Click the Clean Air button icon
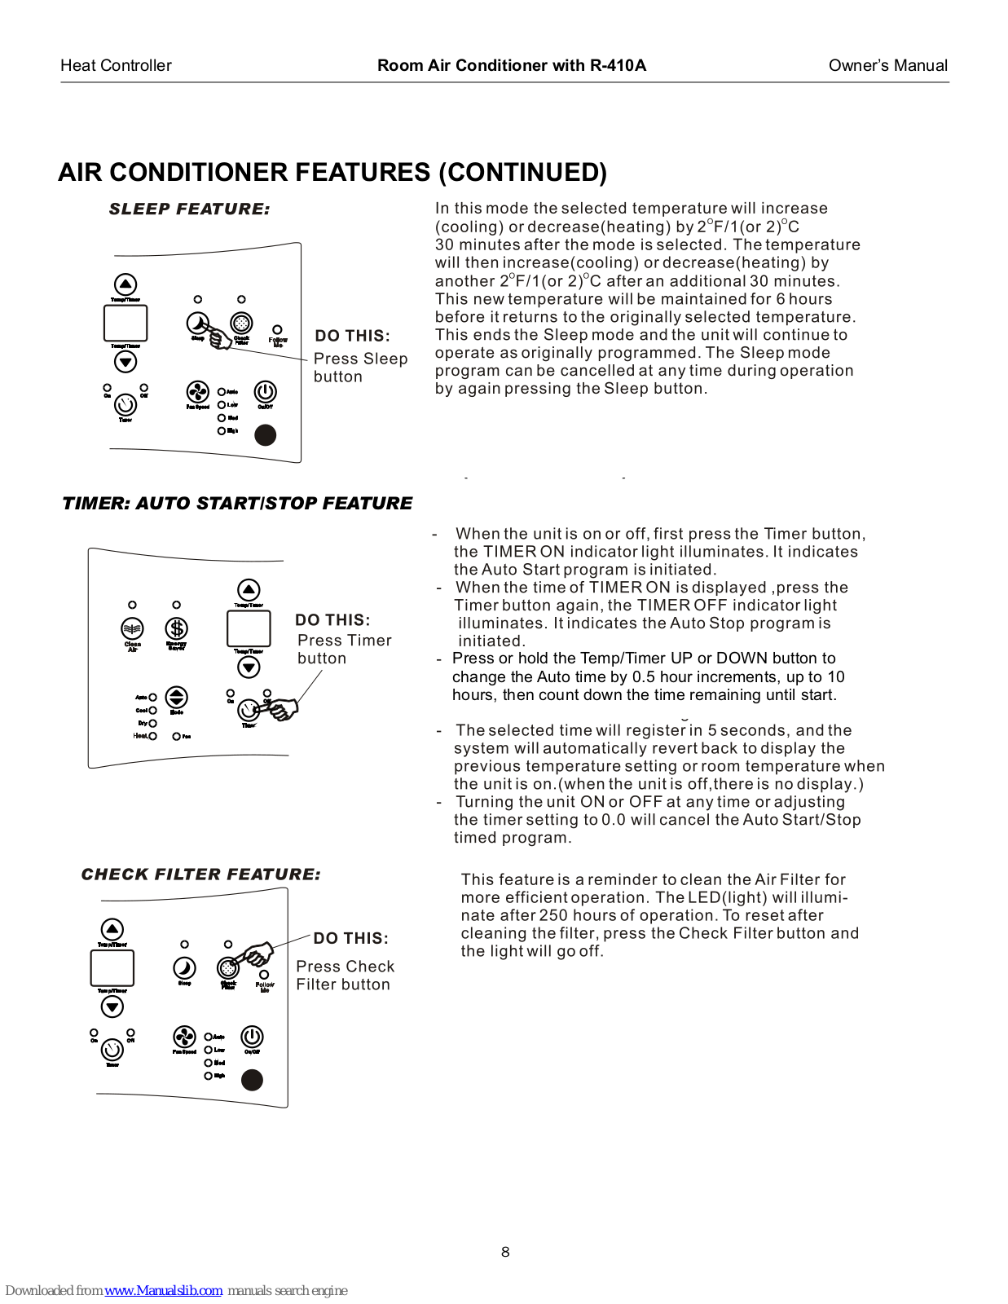click(x=132, y=628)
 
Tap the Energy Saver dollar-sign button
click(x=177, y=628)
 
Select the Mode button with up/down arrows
click(x=177, y=697)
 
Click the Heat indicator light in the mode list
click(x=153, y=736)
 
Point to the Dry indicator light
click(x=153, y=723)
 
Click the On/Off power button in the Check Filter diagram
click(x=252, y=1037)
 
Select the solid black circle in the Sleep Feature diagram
click(x=266, y=435)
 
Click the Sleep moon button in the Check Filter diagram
click(x=185, y=967)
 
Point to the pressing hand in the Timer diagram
click(x=281, y=709)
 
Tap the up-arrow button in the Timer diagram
click(x=249, y=589)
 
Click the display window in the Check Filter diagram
click(x=112, y=968)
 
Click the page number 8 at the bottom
click(x=505, y=1252)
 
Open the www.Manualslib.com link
click(x=164, y=1290)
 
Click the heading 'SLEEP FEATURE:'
click(x=189, y=209)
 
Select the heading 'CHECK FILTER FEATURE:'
click(x=200, y=874)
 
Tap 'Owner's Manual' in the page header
click(x=887, y=66)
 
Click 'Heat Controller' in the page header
click(x=116, y=66)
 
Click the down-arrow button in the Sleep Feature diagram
click(x=125, y=362)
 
